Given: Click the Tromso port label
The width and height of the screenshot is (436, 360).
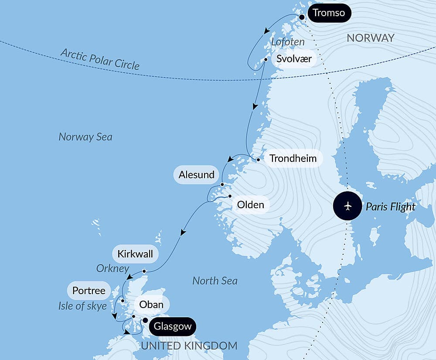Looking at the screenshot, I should point(329,13).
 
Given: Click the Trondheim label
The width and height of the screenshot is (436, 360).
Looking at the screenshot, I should point(293,158).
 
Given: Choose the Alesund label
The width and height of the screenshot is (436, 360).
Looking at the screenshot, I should point(197,175).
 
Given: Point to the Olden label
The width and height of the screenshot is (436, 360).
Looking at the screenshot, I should point(250,204).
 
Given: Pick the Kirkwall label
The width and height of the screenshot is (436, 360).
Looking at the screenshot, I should point(135,254).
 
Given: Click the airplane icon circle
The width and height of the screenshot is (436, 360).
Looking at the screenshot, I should point(348,206).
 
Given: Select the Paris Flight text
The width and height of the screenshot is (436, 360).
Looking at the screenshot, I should point(390,206).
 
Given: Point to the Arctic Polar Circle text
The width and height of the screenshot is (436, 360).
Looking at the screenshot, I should point(100,59).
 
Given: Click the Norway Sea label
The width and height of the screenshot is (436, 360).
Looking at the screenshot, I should point(85,137).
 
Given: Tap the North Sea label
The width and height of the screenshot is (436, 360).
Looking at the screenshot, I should point(215,281).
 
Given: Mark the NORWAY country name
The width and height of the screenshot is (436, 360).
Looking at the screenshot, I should point(370,38).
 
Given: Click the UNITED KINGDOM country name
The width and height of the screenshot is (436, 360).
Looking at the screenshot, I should point(189,346).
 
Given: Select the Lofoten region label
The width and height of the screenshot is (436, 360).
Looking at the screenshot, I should point(287,42).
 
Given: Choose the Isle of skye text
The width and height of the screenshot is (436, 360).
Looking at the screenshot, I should point(82,306).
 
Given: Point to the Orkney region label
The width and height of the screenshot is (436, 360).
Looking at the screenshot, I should point(113,268).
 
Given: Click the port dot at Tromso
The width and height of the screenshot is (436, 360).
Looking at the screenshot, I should point(301,17).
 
